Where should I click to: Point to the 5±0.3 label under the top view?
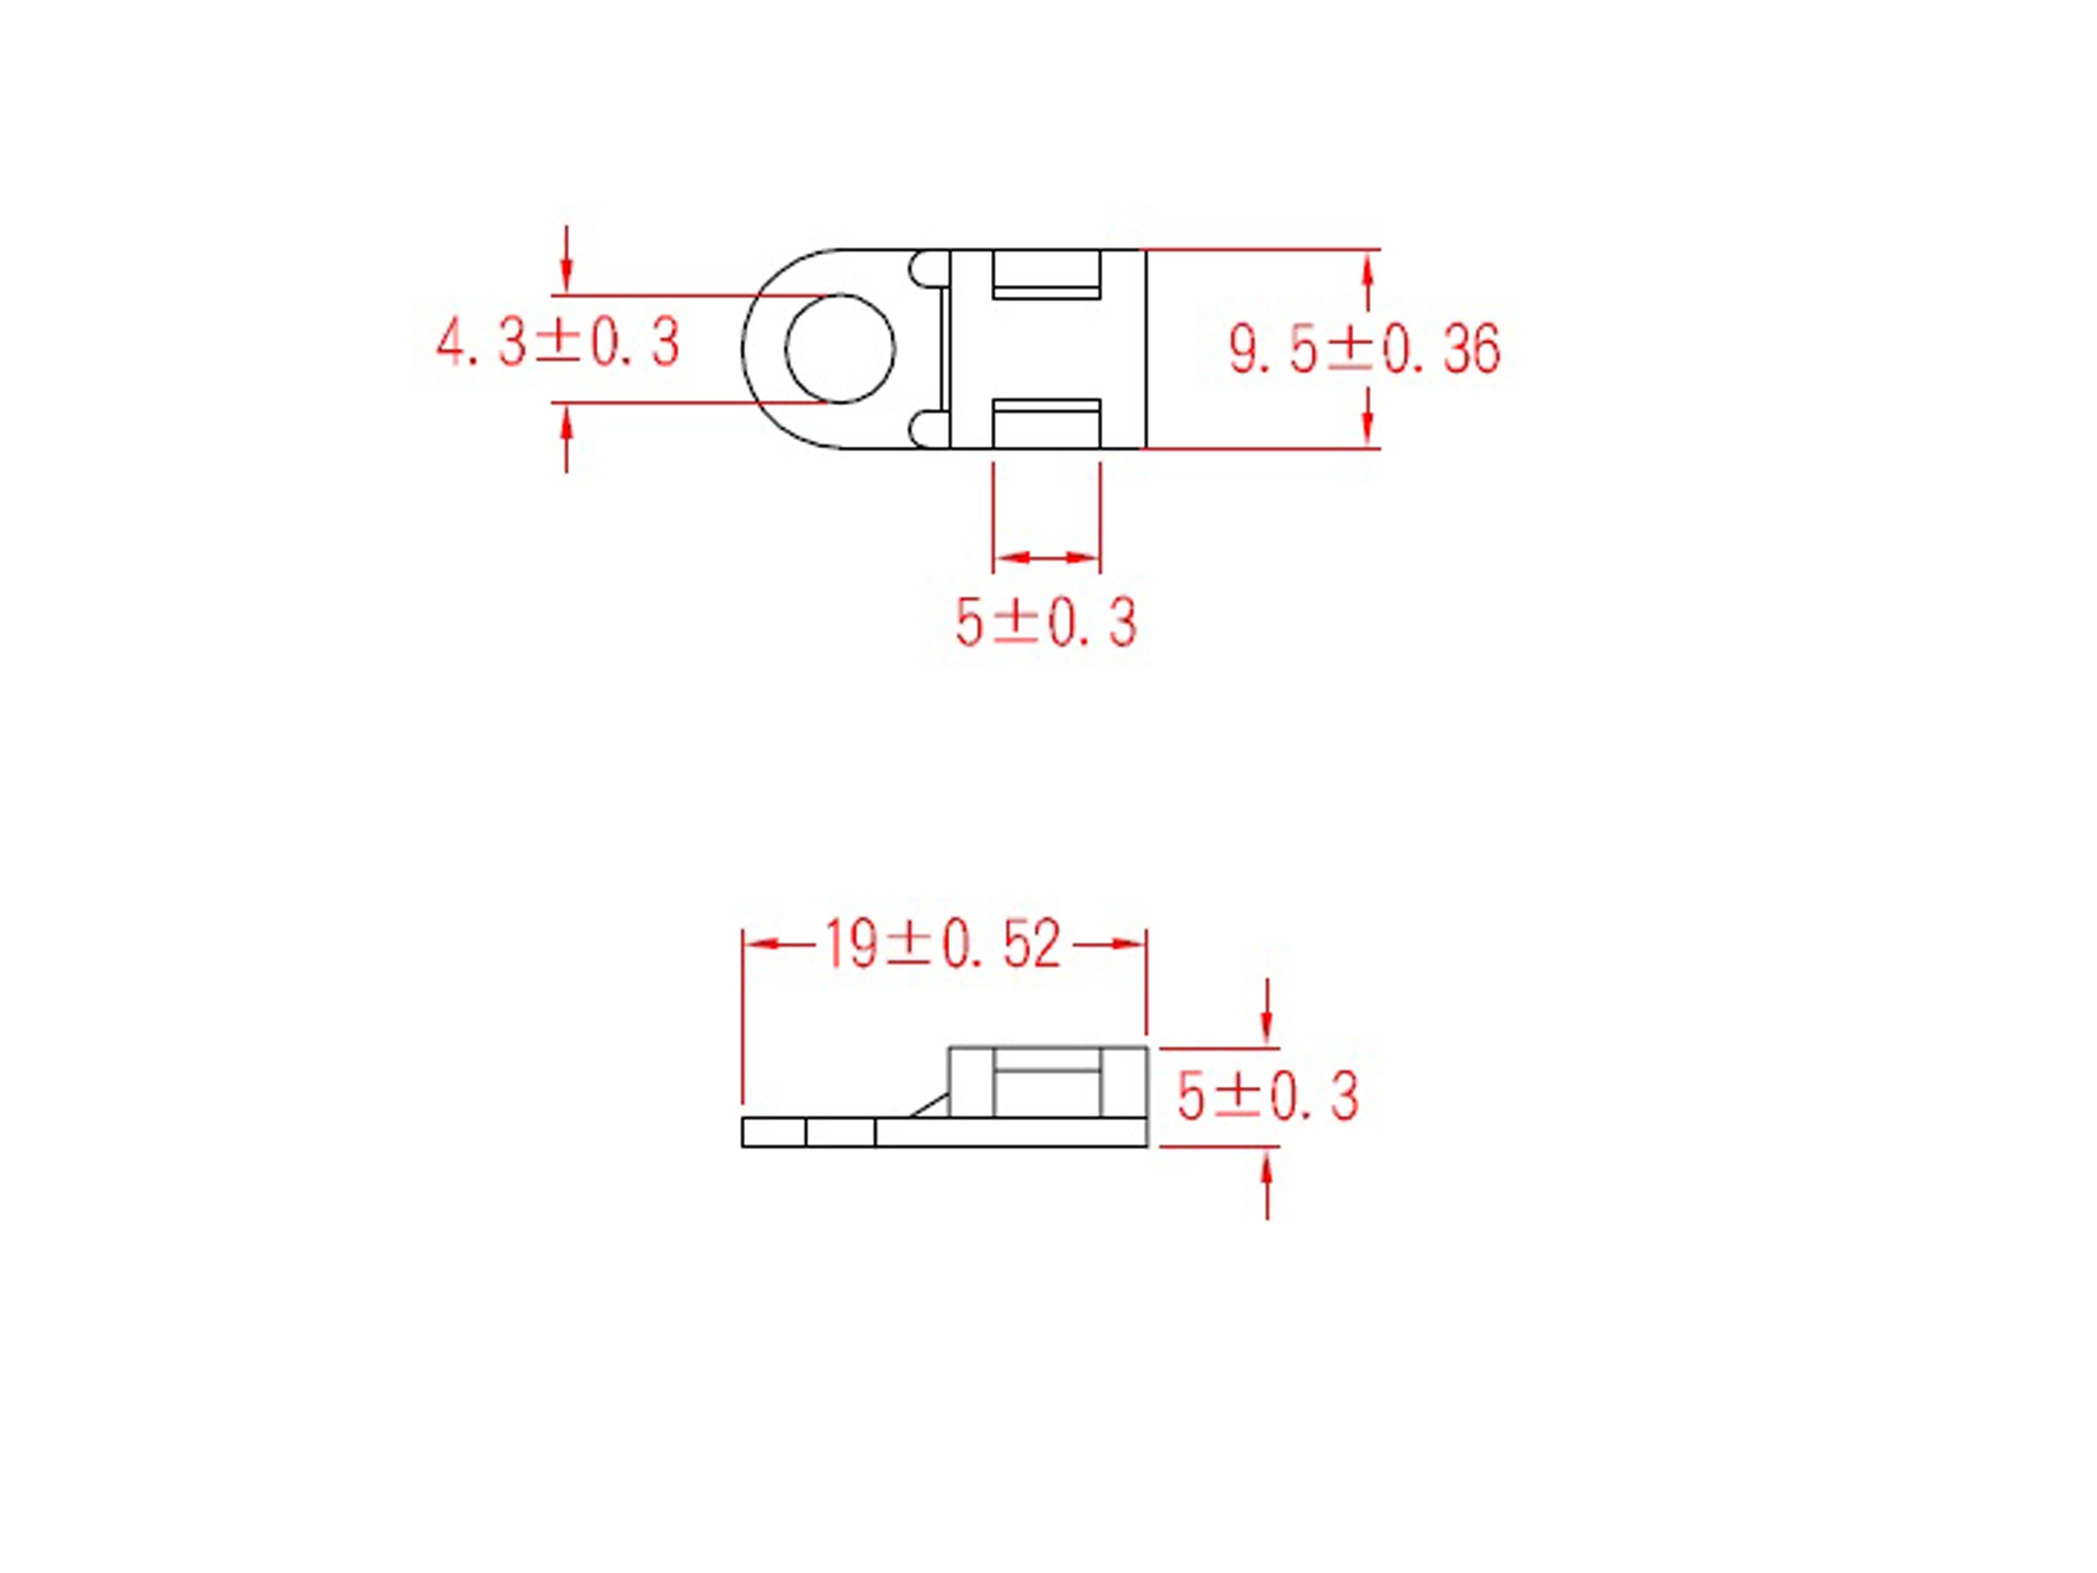tap(1046, 623)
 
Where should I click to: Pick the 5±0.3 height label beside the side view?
tap(1268, 1097)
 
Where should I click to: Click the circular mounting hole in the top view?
tap(840, 348)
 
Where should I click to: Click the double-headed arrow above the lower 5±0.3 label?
tap(1046, 557)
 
